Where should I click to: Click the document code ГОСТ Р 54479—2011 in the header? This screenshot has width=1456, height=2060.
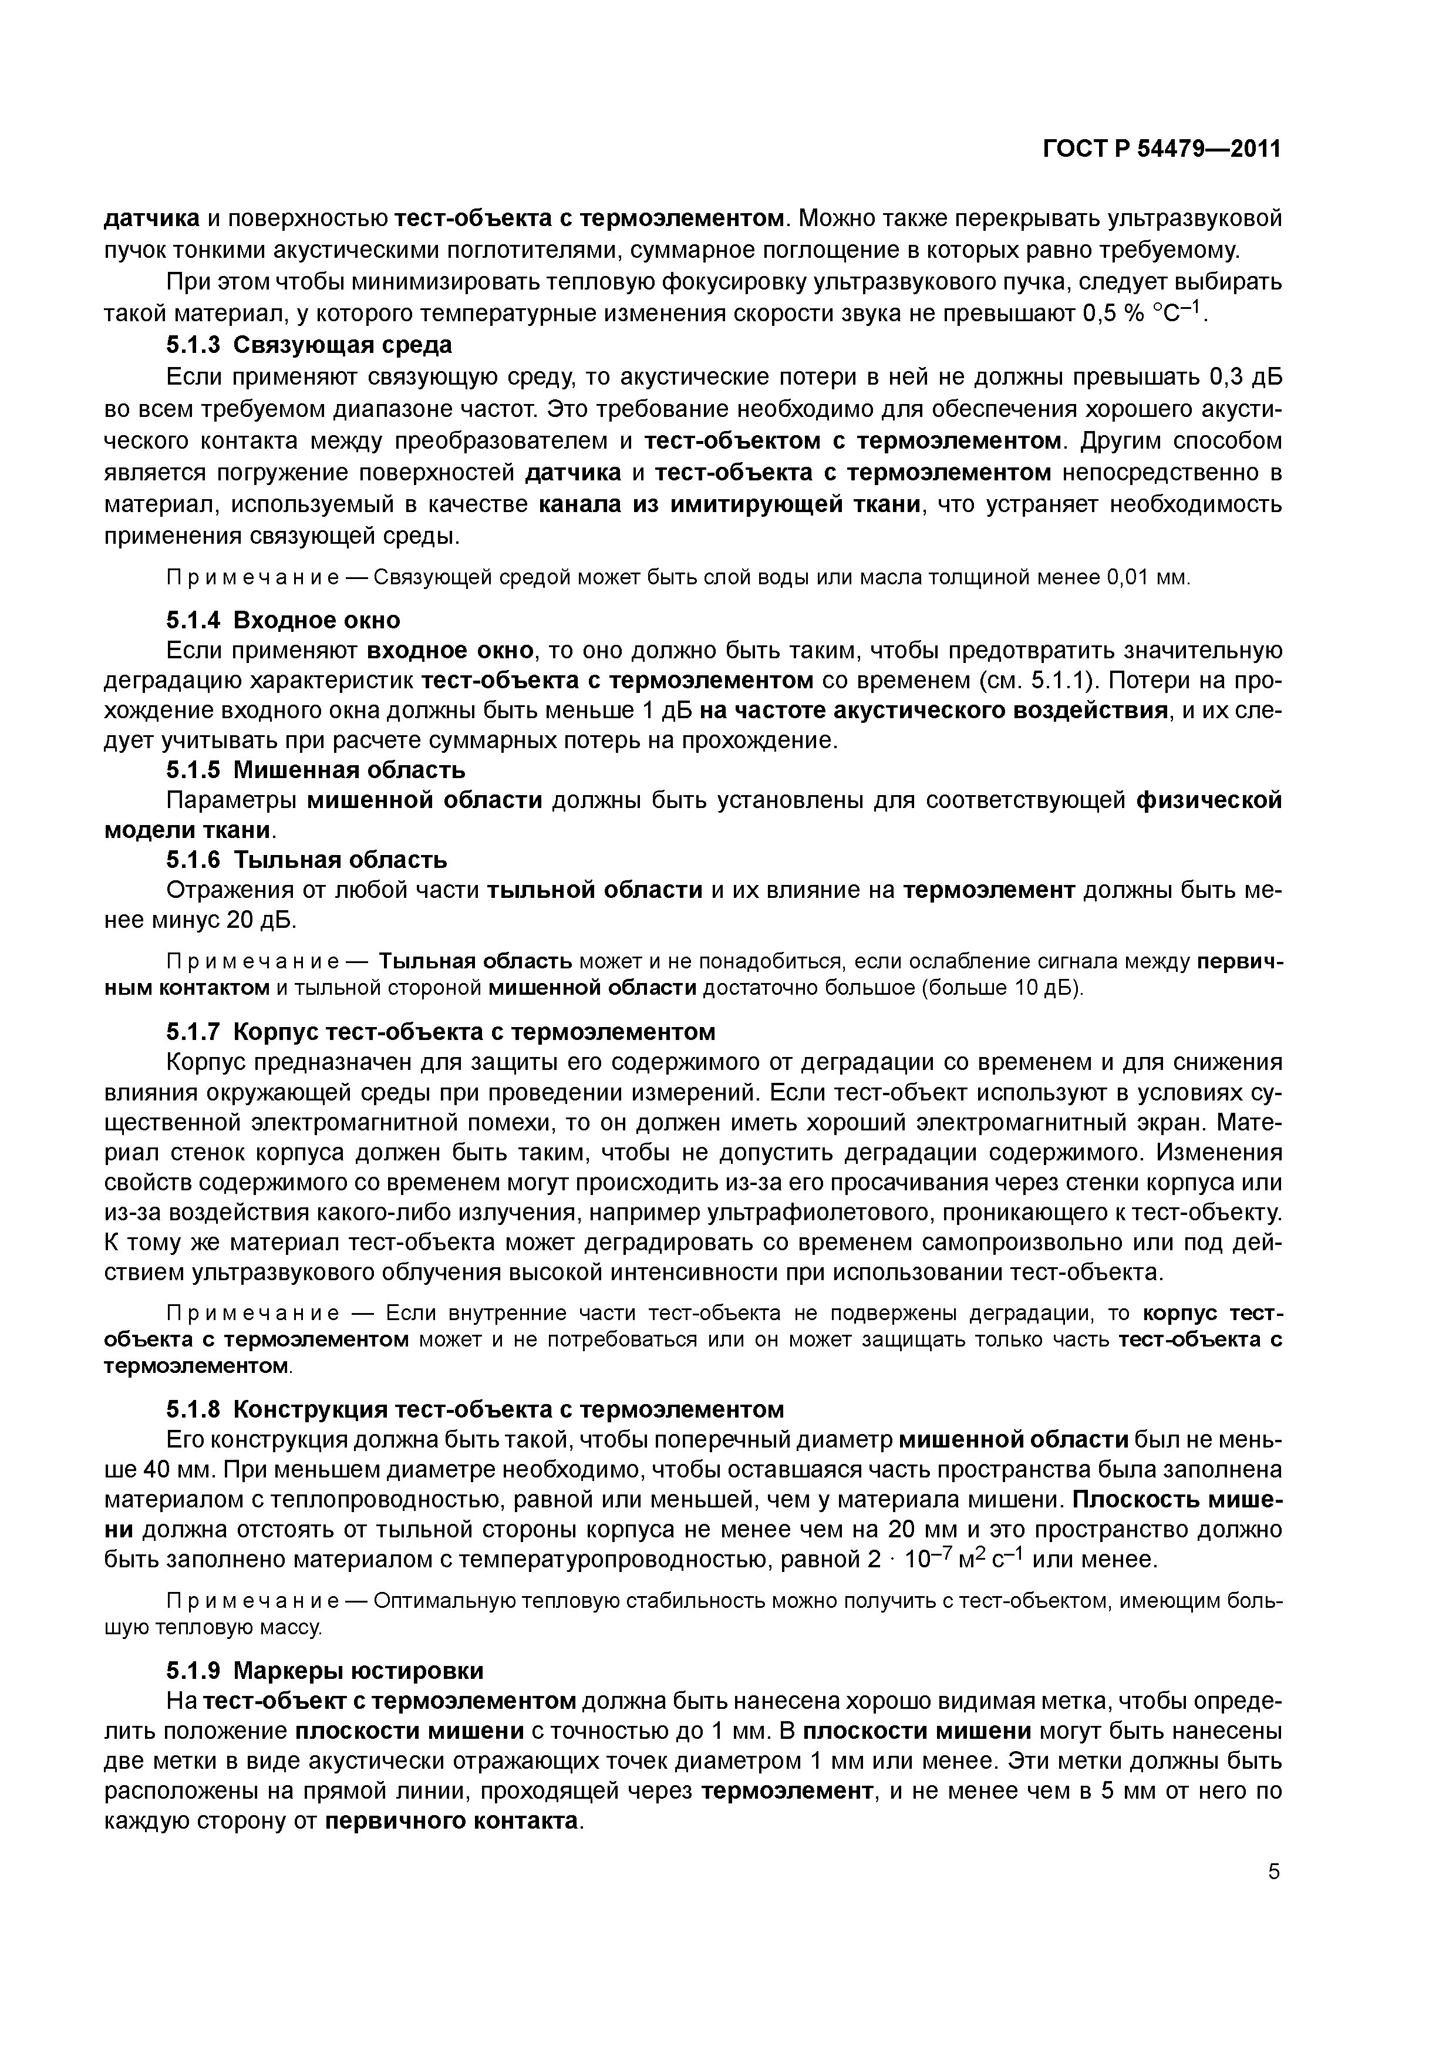pyautogui.click(x=1161, y=149)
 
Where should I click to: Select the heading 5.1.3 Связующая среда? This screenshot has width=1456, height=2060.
pyautogui.click(x=309, y=345)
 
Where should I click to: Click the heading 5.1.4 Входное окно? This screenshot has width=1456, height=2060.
pyautogui.click(x=282, y=620)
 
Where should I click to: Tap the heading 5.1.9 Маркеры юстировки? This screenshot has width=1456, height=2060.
pyautogui.click(x=324, y=1671)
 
